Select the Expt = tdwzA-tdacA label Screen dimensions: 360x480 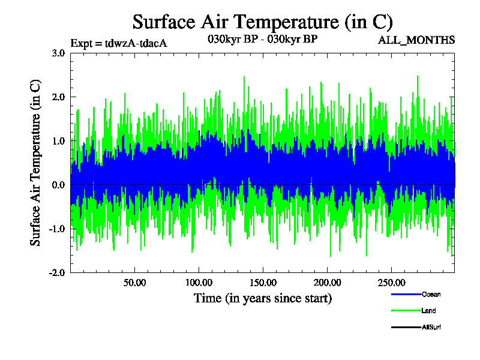point(118,43)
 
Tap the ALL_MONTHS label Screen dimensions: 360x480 point(416,40)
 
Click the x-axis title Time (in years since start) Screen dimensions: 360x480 point(262,298)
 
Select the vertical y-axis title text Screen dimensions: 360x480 point(36,163)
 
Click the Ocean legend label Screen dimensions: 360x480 point(431,295)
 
